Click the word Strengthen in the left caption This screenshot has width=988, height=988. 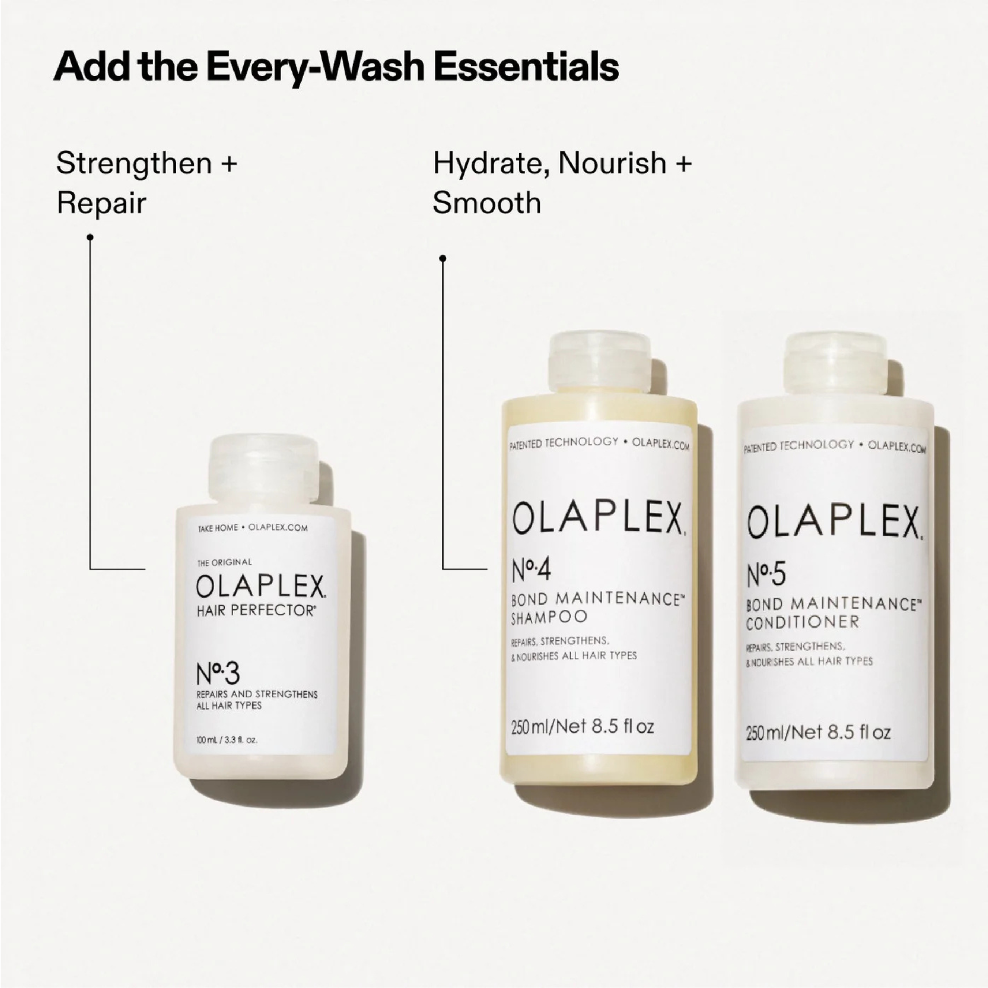point(134,164)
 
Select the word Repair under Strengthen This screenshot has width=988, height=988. point(101,203)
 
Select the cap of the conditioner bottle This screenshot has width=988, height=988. point(837,365)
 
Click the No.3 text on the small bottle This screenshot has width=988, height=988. point(217,674)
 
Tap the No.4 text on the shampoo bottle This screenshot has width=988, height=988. point(531,571)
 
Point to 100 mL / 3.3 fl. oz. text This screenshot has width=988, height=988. point(227,740)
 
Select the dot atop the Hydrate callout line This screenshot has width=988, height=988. point(443,259)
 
